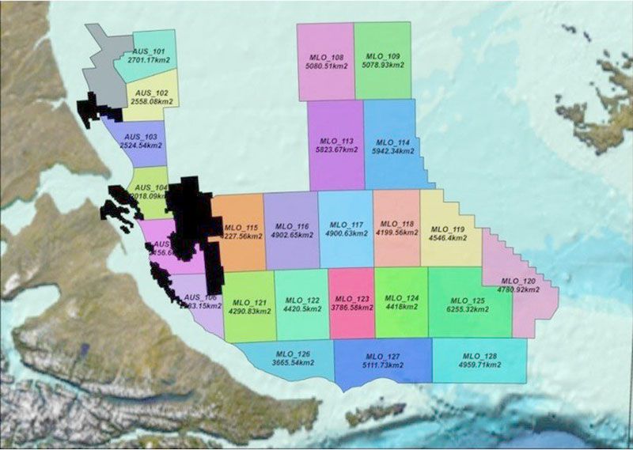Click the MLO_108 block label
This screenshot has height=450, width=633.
click(x=325, y=57)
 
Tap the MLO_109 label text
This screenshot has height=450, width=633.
click(x=383, y=56)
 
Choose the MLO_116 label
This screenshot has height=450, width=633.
click(x=291, y=226)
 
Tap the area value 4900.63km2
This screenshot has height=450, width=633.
click(x=346, y=234)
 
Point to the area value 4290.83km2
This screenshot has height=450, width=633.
click(x=249, y=311)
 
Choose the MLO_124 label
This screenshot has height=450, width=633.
click(x=401, y=299)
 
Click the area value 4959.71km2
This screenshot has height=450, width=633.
click(x=479, y=365)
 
